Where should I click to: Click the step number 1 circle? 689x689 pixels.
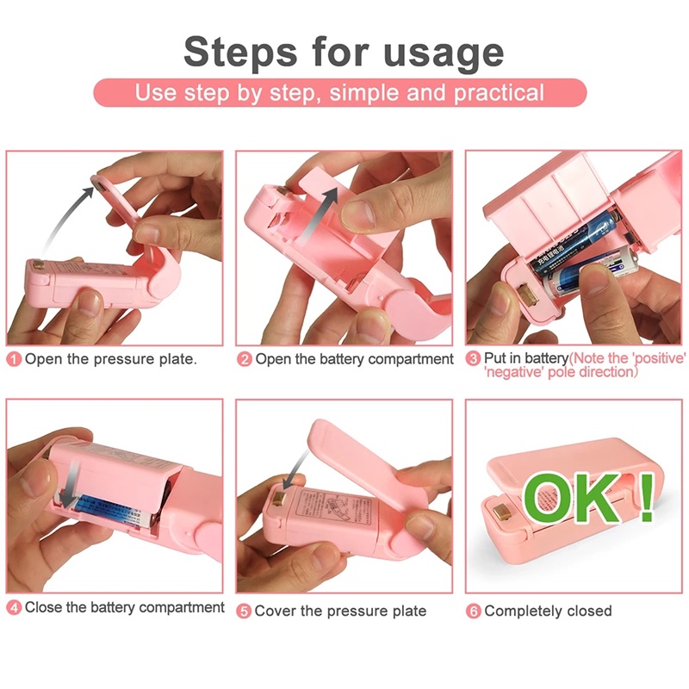[14, 359]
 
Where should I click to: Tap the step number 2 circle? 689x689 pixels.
[245, 359]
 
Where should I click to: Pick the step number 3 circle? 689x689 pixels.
[473, 358]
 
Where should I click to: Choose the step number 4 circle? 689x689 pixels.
[14, 608]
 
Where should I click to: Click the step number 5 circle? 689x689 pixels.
[245, 611]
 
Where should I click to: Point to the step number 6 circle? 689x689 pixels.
[473, 611]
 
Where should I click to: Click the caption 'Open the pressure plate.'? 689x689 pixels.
[110, 359]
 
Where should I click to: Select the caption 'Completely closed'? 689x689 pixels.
[548, 611]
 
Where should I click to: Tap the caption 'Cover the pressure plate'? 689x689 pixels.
[340, 611]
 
